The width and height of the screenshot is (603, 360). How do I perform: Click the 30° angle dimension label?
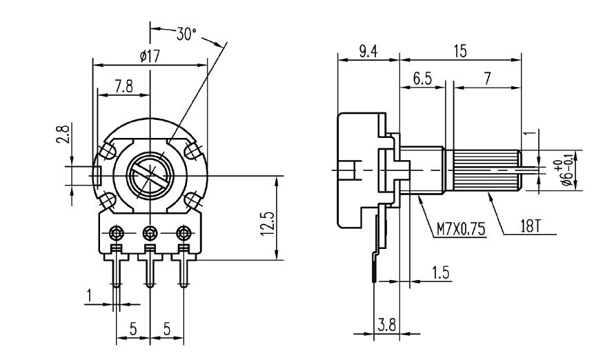tap(187, 34)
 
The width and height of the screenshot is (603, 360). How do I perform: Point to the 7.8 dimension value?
tap(124, 86)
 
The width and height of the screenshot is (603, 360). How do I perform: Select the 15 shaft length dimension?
tap(459, 52)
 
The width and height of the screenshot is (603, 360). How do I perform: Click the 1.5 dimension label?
tap(441, 272)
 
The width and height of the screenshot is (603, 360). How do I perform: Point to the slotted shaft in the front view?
tap(150, 174)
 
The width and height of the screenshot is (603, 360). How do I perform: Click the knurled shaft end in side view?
tap(486, 170)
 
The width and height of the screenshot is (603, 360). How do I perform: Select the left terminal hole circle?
tap(116, 230)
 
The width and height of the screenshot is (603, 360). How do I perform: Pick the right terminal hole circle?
tap(184, 230)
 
